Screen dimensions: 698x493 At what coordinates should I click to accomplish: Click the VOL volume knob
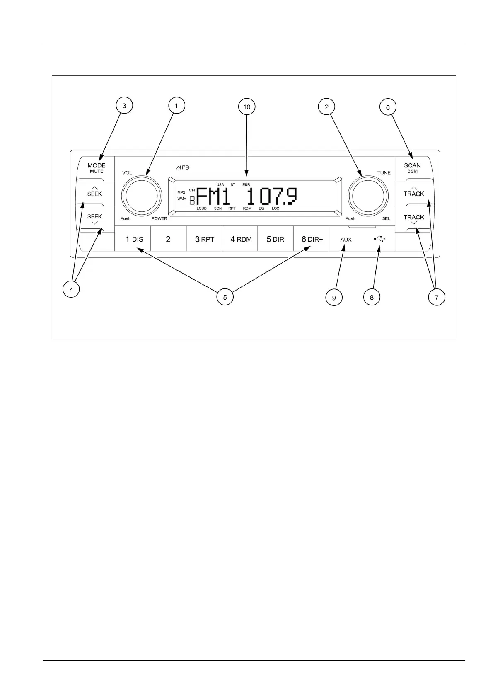pos(141,196)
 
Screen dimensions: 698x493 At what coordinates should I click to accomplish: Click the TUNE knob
pos(368,196)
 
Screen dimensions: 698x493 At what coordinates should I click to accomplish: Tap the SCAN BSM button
pos(412,168)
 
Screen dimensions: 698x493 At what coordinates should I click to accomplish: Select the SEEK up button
pos(94,193)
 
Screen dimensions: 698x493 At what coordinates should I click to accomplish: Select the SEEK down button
pos(94,218)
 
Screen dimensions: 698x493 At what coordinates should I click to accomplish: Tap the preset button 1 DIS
pos(133,239)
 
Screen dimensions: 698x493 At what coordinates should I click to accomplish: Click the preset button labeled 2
pos(168,239)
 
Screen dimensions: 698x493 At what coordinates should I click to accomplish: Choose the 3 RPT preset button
pos(204,239)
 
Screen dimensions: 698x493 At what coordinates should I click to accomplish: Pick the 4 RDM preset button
pos(240,239)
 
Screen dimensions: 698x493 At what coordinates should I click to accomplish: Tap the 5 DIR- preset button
pos(276,239)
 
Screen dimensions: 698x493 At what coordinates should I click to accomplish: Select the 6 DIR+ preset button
pos(312,239)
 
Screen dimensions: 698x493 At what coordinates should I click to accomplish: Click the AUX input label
pos(346,240)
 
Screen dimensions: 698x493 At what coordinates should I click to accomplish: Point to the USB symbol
pos(379,239)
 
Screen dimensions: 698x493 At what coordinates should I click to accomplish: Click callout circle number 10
pos(247,107)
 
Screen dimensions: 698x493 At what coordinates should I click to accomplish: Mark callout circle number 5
pos(225,297)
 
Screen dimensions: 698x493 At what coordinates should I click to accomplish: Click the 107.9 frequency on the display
pos(273,196)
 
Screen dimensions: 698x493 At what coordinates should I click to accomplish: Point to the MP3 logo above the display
pos(183,167)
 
